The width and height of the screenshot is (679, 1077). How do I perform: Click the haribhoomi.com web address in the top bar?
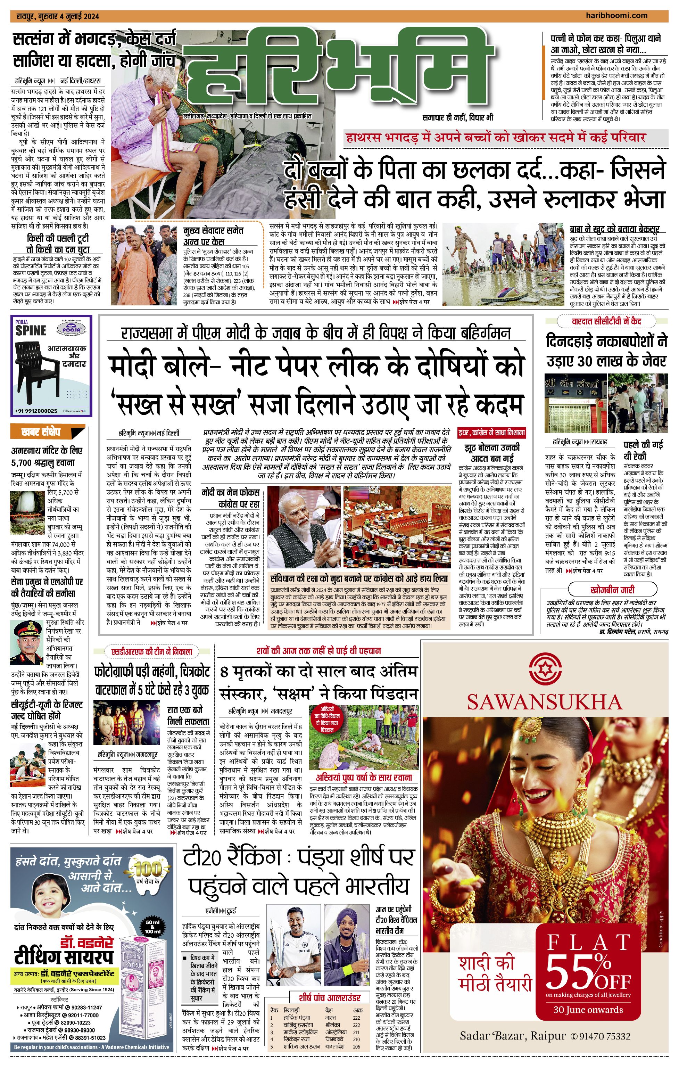click(616, 16)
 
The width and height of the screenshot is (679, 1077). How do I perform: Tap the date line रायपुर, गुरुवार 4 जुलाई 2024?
click(58, 17)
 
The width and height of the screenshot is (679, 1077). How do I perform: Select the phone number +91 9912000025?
click(36, 411)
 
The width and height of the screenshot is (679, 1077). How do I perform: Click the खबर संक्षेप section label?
click(41, 432)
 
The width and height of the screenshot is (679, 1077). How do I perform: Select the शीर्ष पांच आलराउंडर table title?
click(330, 998)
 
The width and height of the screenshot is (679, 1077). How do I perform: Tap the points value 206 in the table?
click(356, 1046)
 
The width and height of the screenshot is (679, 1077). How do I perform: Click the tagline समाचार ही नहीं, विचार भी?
click(458, 118)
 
